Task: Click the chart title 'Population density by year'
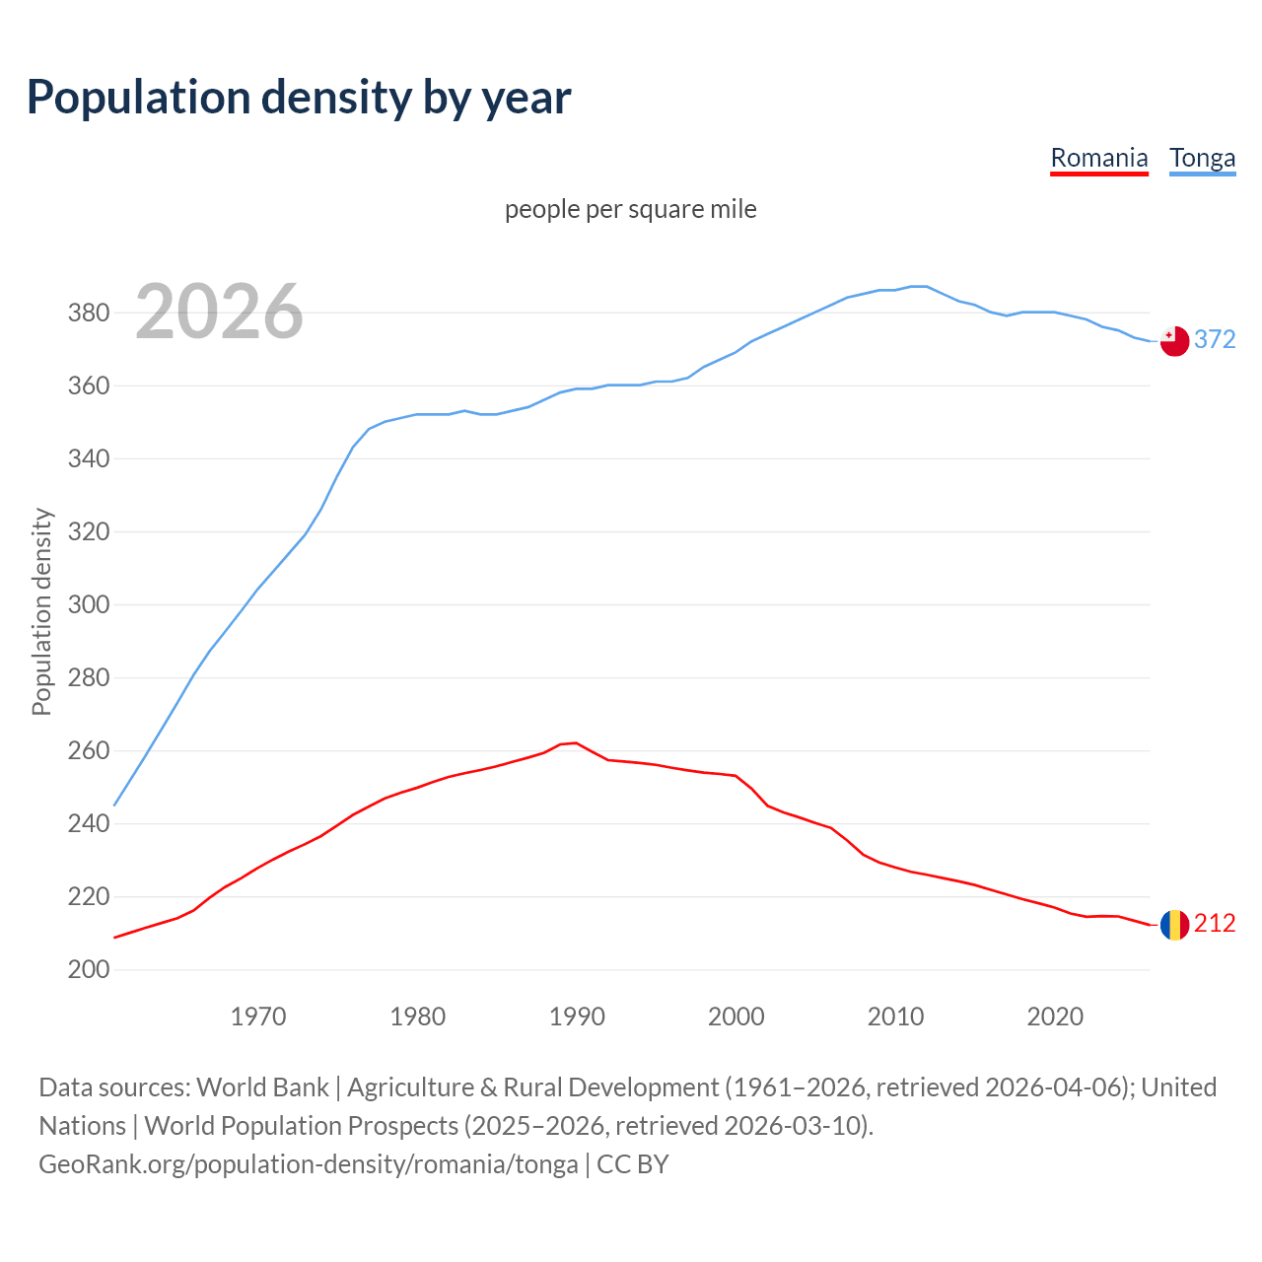point(299,98)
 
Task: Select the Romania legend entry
point(1098,158)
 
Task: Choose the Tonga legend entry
point(1202,158)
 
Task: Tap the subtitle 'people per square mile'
point(630,209)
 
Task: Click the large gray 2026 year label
point(219,312)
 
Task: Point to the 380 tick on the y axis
point(88,313)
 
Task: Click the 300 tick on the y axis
point(88,604)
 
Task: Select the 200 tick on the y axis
point(88,969)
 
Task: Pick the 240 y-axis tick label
point(88,823)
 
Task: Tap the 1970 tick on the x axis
point(258,1016)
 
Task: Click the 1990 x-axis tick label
point(577,1016)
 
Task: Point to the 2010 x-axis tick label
point(895,1016)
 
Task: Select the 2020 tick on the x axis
point(1055,1016)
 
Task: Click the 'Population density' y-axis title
point(41,611)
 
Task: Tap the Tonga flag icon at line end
point(1174,341)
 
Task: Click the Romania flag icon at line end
point(1174,925)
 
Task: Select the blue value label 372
point(1215,339)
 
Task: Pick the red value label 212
point(1215,923)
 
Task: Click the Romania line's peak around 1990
point(576,742)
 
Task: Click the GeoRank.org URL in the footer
point(309,1163)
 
